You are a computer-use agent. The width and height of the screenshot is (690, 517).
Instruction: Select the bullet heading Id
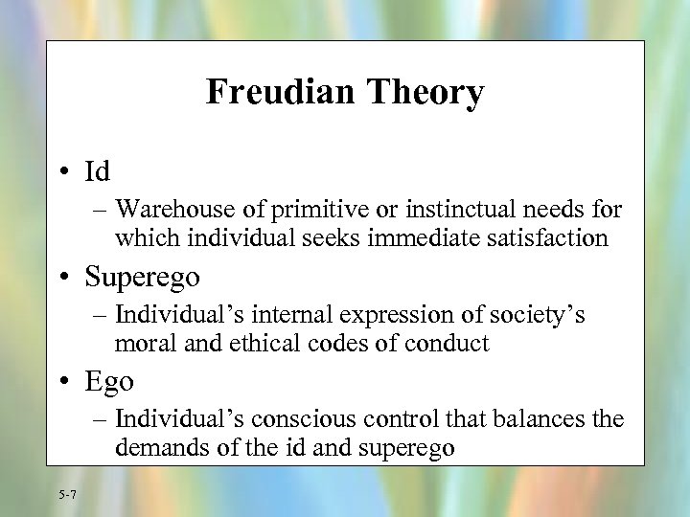tap(98, 171)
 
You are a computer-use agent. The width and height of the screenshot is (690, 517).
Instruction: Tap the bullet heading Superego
tap(142, 278)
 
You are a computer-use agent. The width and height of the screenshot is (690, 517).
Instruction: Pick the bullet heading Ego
tap(109, 382)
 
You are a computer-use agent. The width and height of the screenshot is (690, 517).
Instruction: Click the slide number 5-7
tap(68, 494)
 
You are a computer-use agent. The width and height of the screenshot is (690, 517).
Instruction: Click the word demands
tap(153, 447)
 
